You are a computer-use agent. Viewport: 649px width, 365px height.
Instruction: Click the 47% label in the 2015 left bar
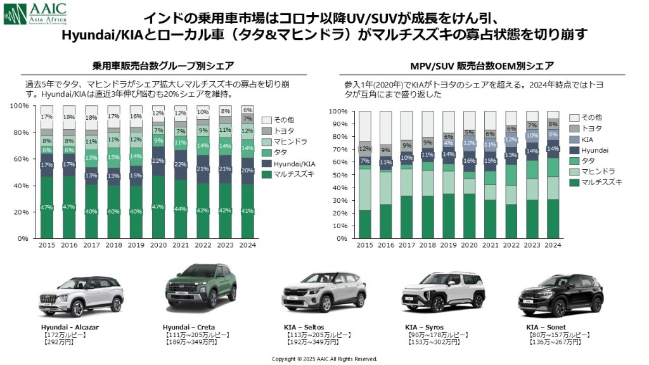[46, 208]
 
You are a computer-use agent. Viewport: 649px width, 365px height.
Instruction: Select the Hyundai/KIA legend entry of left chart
[288, 163]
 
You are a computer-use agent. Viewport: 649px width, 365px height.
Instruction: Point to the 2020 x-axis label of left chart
[158, 245]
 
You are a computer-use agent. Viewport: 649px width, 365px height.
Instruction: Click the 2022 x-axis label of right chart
[511, 245]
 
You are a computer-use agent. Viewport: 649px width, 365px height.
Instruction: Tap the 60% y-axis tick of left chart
[22, 158]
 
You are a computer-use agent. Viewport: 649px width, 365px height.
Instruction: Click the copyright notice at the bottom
[324, 359]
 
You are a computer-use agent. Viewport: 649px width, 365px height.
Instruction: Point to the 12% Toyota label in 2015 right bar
[365, 149]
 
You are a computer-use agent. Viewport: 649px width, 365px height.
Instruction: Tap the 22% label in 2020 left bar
[158, 161]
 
